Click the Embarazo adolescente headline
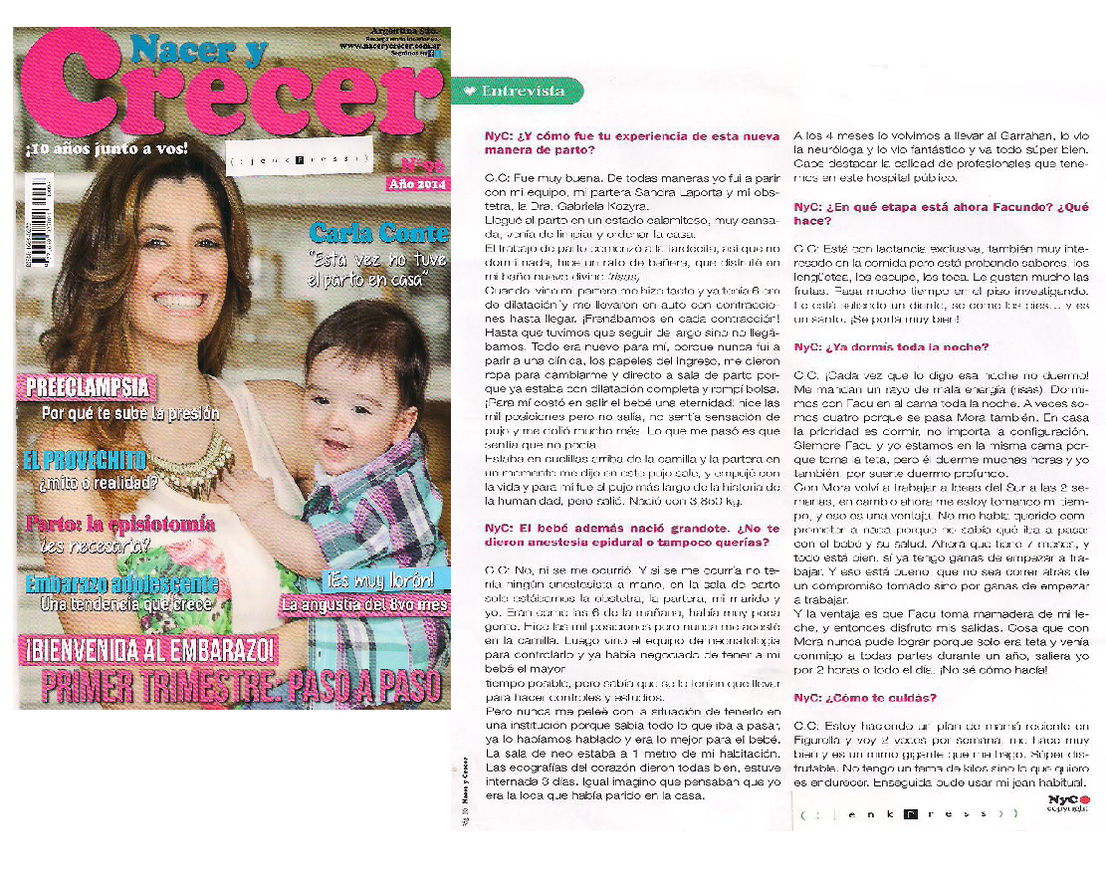point(121,584)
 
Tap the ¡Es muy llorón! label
point(381,581)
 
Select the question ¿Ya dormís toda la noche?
point(891,346)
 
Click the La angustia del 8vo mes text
point(363,604)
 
